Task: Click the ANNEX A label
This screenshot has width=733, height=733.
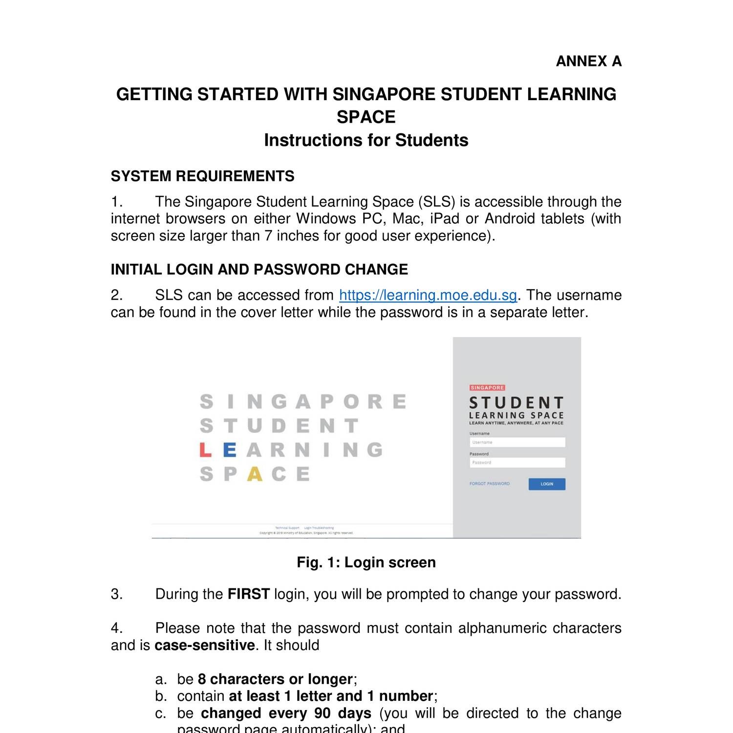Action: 588,62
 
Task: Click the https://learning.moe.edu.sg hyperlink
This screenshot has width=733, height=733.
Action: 428,295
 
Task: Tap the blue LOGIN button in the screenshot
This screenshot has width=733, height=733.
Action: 547,484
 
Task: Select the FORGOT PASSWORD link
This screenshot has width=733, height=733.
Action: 489,484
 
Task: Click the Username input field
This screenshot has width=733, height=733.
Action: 517,442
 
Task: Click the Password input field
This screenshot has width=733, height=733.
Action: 517,462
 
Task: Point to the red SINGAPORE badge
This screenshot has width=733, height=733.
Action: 487,388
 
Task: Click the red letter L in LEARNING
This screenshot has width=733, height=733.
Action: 206,450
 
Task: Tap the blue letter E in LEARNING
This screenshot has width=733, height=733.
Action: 230,450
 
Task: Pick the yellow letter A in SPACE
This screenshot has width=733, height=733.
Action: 255,474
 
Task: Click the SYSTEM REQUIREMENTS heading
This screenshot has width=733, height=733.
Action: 202,176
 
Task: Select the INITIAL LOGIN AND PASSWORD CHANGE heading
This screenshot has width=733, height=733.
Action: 259,270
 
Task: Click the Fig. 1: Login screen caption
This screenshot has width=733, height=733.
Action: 366,562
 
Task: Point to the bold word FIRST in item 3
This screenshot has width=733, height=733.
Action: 248,594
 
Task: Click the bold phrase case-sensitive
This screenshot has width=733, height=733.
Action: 204,646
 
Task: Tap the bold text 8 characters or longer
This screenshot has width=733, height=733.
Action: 275,679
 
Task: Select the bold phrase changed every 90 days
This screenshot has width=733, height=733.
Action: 286,713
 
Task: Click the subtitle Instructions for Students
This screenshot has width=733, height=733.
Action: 366,141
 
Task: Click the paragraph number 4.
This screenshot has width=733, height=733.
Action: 116,628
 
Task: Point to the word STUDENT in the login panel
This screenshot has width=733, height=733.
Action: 516,403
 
